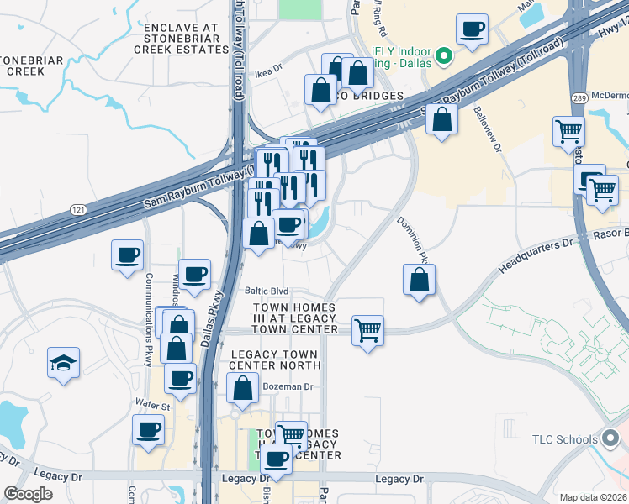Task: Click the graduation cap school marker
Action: (x=63, y=363)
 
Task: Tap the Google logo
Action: (x=28, y=494)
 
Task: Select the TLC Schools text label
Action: (x=564, y=439)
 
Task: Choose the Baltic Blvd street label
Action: (x=266, y=291)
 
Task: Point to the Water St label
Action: (x=154, y=407)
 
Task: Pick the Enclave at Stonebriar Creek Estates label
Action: (x=181, y=39)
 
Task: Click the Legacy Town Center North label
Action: (x=275, y=360)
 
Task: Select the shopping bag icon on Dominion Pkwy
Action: (x=419, y=280)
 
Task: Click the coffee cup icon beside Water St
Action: (x=149, y=429)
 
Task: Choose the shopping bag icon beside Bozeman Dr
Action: (x=242, y=387)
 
